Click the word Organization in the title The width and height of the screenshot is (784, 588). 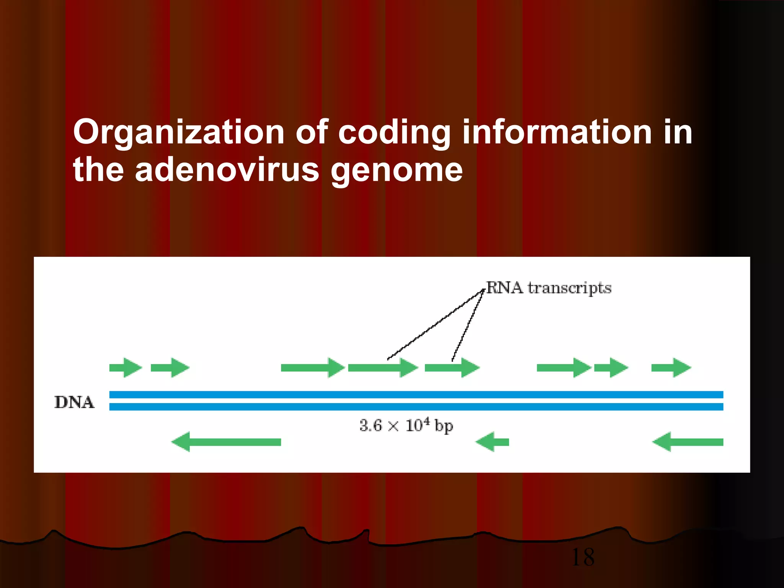click(x=178, y=132)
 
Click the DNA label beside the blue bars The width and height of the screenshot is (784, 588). click(x=74, y=402)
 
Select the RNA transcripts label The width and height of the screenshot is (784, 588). click(x=549, y=288)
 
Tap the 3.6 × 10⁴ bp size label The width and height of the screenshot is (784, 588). click(x=406, y=426)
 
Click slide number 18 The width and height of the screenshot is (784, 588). click(x=583, y=557)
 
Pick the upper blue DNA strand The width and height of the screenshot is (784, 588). click(x=416, y=395)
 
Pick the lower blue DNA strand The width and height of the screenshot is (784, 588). click(x=416, y=407)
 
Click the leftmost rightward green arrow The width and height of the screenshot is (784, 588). click(x=126, y=368)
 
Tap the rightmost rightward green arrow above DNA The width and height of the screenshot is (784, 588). click(x=671, y=368)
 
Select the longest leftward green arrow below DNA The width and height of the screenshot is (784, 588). click(x=226, y=442)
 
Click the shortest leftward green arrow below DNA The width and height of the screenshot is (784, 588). click(x=492, y=442)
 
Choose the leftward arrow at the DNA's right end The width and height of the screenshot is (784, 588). click(x=688, y=442)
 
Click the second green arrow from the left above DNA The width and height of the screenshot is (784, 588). click(x=170, y=368)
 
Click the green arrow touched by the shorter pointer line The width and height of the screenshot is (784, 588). click(x=452, y=368)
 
